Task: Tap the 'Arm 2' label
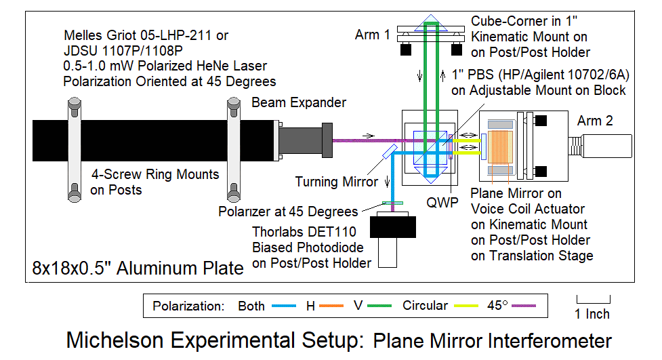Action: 595,121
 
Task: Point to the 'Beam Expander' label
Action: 299,102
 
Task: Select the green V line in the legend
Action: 383,306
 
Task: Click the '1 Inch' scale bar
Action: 593,298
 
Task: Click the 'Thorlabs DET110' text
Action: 301,232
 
